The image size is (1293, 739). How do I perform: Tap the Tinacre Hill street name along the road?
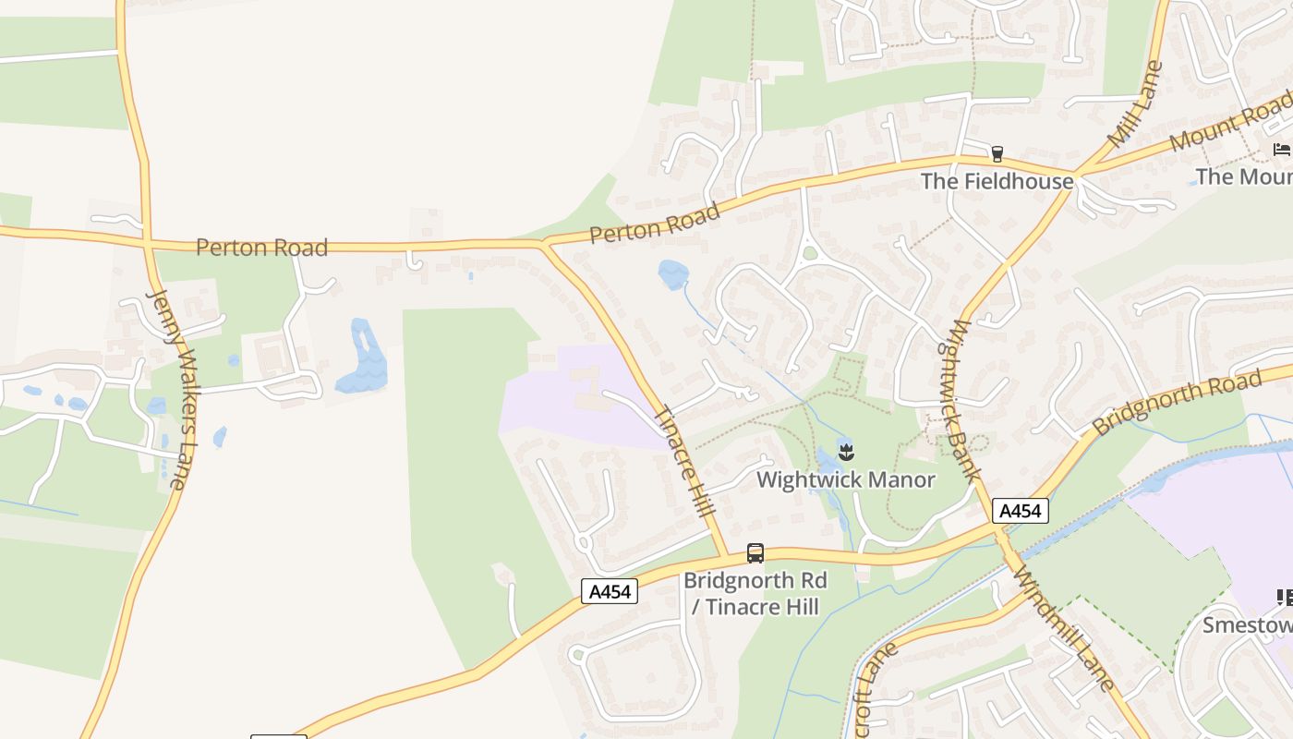click(684, 462)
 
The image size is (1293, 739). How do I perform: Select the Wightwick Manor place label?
click(845, 480)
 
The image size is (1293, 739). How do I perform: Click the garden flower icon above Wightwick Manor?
click(846, 452)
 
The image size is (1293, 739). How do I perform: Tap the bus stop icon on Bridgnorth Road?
click(755, 553)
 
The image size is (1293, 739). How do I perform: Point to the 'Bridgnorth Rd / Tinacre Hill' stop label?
click(755, 593)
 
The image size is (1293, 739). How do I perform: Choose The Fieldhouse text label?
click(997, 181)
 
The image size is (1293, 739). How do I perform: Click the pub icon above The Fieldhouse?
click(997, 153)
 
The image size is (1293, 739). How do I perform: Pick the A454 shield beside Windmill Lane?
click(1021, 511)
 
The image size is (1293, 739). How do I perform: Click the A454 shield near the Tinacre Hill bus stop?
click(610, 591)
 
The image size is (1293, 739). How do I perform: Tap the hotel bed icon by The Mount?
click(1281, 149)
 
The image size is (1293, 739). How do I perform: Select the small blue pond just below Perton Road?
click(673, 273)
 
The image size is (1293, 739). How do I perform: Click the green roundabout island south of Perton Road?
click(810, 253)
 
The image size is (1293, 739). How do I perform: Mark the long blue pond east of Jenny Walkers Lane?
click(362, 357)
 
